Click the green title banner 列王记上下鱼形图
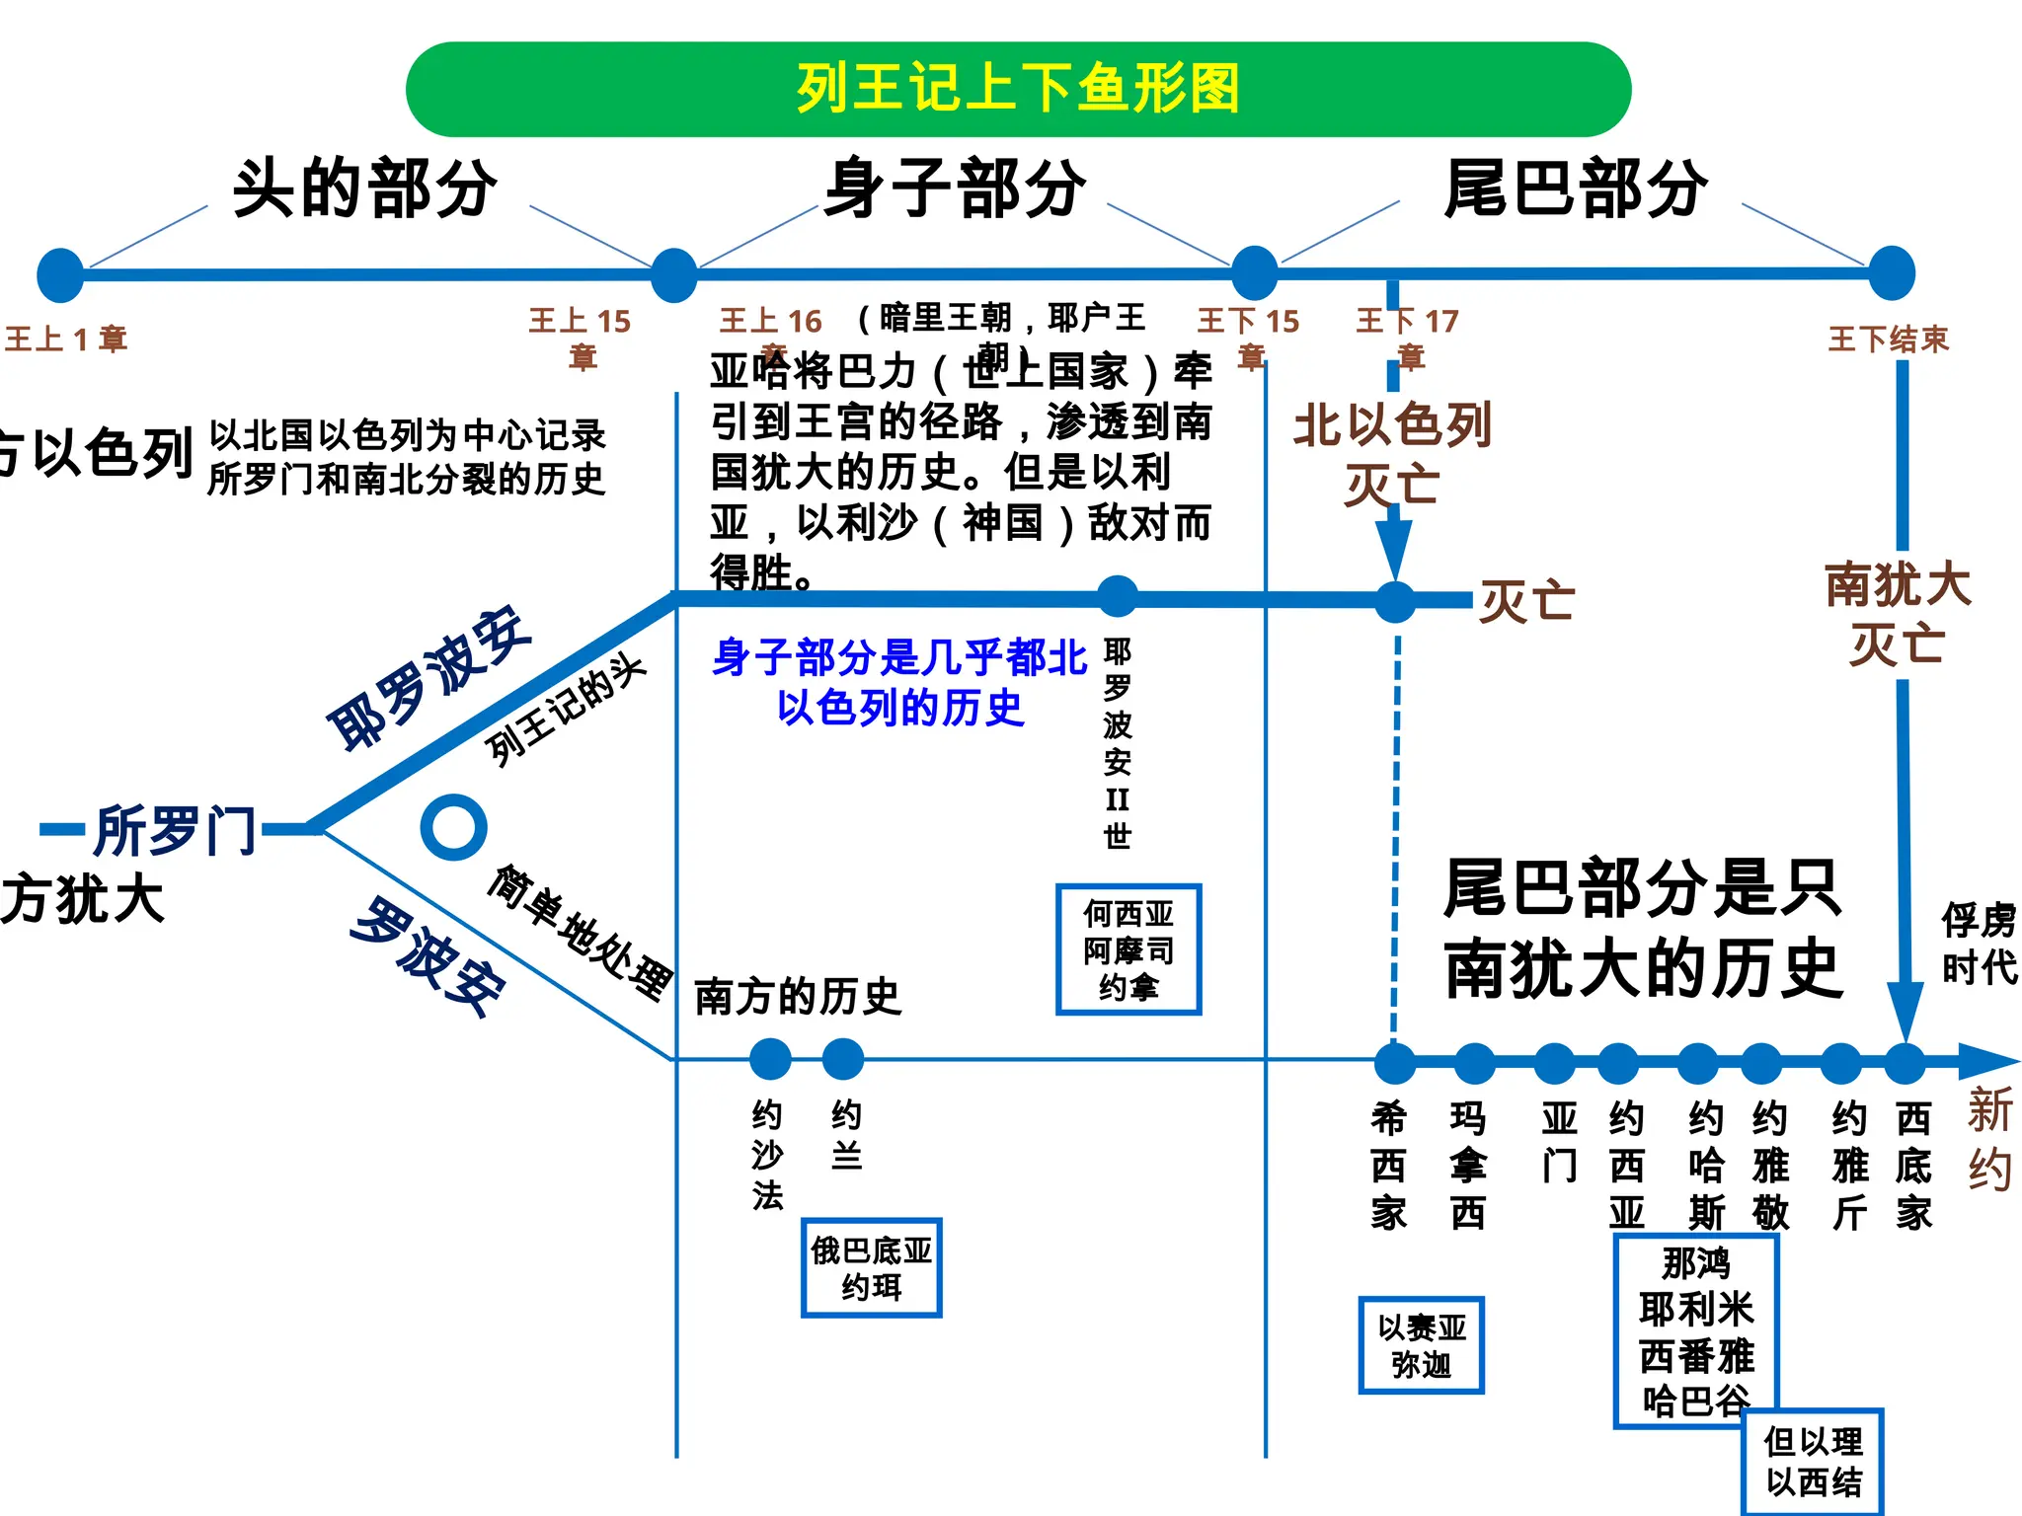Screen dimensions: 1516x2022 pyautogui.click(x=1018, y=89)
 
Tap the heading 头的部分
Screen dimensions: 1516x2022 pyautogui.click(x=365, y=188)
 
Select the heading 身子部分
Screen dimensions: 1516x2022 pyautogui.click(x=955, y=188)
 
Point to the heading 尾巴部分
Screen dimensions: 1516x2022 pyautogui.click(x=1575, y=188)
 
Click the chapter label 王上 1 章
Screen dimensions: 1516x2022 pyautogui.click(x=66, y=340)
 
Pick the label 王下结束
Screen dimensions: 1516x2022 pyautogui.click(x=1888, y=340)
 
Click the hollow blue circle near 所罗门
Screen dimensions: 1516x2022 pyautogui.click(x=453, y=827)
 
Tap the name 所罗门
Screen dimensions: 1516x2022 pyautogui.click(x=176, y=830)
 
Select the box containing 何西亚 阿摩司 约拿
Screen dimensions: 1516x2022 pyautogui.click(x=1128, y=949)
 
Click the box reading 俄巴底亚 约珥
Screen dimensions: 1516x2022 pyautogui.click(x=871, y=1268)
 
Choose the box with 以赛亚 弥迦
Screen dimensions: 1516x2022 pyautogui.click(x=1421, y=1345)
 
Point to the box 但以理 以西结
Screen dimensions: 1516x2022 pyautogui.click(x=1813, y=1462)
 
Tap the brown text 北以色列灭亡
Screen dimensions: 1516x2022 pyautogui.click(x=1392, y=454)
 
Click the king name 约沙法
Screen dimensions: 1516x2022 pyautogui.click(x=767, y=1155)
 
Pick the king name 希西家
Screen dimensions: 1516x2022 pyautogui.click(x=1388, y=1166)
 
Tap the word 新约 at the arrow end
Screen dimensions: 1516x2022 pyautogui.click(x=1988, y=1140)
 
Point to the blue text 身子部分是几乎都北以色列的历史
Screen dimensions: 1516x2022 pyautogui.click(x=899, y=682)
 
